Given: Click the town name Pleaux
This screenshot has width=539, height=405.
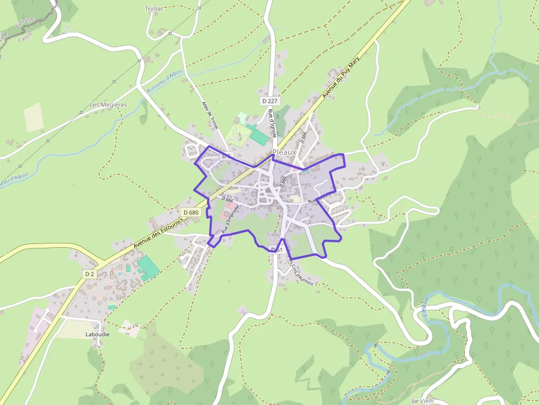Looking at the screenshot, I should (x=284, y=152).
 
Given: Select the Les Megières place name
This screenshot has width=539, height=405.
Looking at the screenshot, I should (x=108, y=104).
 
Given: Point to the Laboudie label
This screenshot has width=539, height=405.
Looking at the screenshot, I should (x=98, y=334).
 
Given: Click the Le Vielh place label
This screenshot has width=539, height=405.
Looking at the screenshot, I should (x=422, y=401).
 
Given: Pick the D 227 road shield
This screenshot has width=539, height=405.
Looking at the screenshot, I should (x=270, y=101).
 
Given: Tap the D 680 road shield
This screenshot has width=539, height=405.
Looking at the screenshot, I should (x=191, y=212).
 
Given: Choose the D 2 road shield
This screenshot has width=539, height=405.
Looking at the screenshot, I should (x=90, y=274).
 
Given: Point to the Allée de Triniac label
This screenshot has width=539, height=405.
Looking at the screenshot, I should (x=210, y=115).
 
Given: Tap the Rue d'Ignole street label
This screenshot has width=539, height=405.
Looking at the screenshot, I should (x=273, y=123).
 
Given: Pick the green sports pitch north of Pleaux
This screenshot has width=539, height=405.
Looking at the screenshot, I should (x=259, y=136).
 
